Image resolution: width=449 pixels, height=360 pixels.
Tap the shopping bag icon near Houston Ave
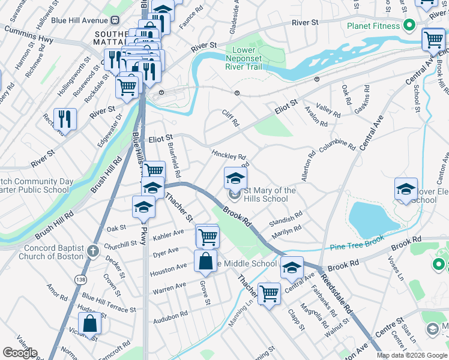[205, 262]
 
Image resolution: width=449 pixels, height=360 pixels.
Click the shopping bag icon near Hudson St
[89, 323]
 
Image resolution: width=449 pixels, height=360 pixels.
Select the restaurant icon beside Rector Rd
[64, 119]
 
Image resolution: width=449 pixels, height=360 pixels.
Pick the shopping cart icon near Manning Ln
[270, 293]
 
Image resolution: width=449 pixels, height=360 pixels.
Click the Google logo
[20, 353]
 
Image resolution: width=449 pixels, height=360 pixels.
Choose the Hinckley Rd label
[229, 154]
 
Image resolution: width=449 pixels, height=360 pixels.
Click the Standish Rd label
[286, 218]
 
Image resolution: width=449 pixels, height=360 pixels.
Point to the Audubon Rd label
[170, 314]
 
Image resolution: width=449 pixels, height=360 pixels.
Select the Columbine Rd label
[338, 145]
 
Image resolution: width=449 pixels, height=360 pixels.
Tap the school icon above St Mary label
[235, 177]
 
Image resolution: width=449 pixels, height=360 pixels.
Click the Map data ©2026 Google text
[412, 355]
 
